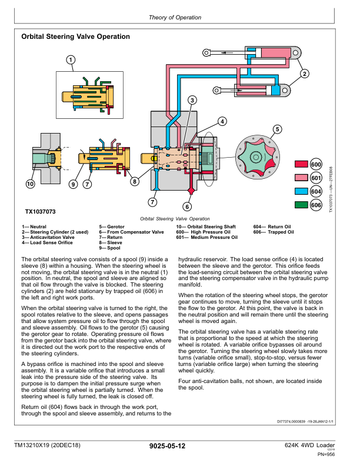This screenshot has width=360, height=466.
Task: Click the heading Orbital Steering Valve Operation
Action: (x=75, y=36)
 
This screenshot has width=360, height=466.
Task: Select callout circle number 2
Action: (x=304, y=74)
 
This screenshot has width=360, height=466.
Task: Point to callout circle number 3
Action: (x=192, y=101)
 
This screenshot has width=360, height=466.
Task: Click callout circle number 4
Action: (x=222, y=122)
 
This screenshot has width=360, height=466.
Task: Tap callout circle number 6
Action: (x=187, y=207)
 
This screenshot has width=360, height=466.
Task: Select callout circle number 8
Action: (x=135, y=181)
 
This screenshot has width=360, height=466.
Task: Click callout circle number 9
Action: (x=74, y=184)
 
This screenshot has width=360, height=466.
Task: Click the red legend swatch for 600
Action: (x=301, y=164)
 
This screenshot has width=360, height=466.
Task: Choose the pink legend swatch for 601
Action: (x=301, y=178)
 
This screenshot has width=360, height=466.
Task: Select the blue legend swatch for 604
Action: (x=301, y=191)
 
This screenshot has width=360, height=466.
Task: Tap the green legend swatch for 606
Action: (x=301, y=205)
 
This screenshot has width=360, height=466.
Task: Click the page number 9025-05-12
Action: (x=168, y=447)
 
